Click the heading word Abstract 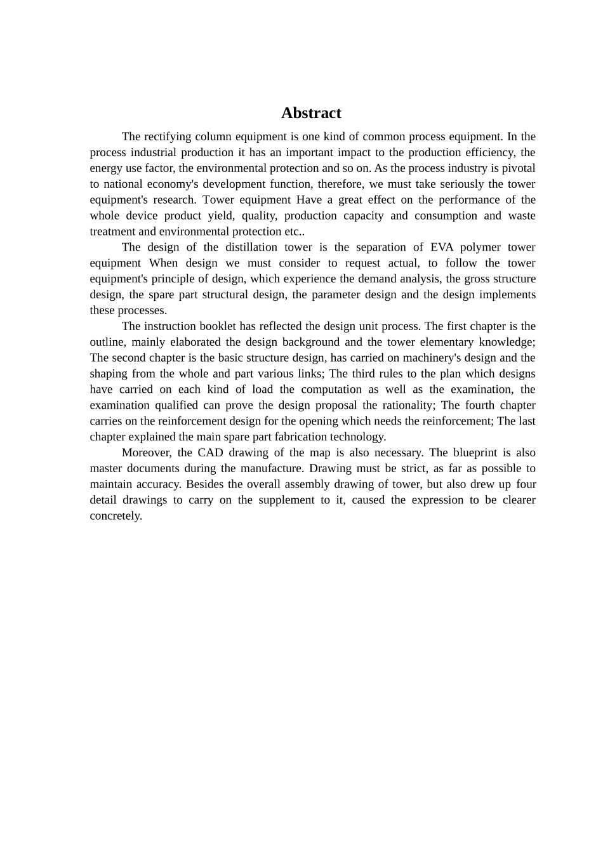[x=311, y=113]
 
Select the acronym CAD [x=210, y=453]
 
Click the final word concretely [x=116, y=516]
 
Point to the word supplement [x=285, y=500]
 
